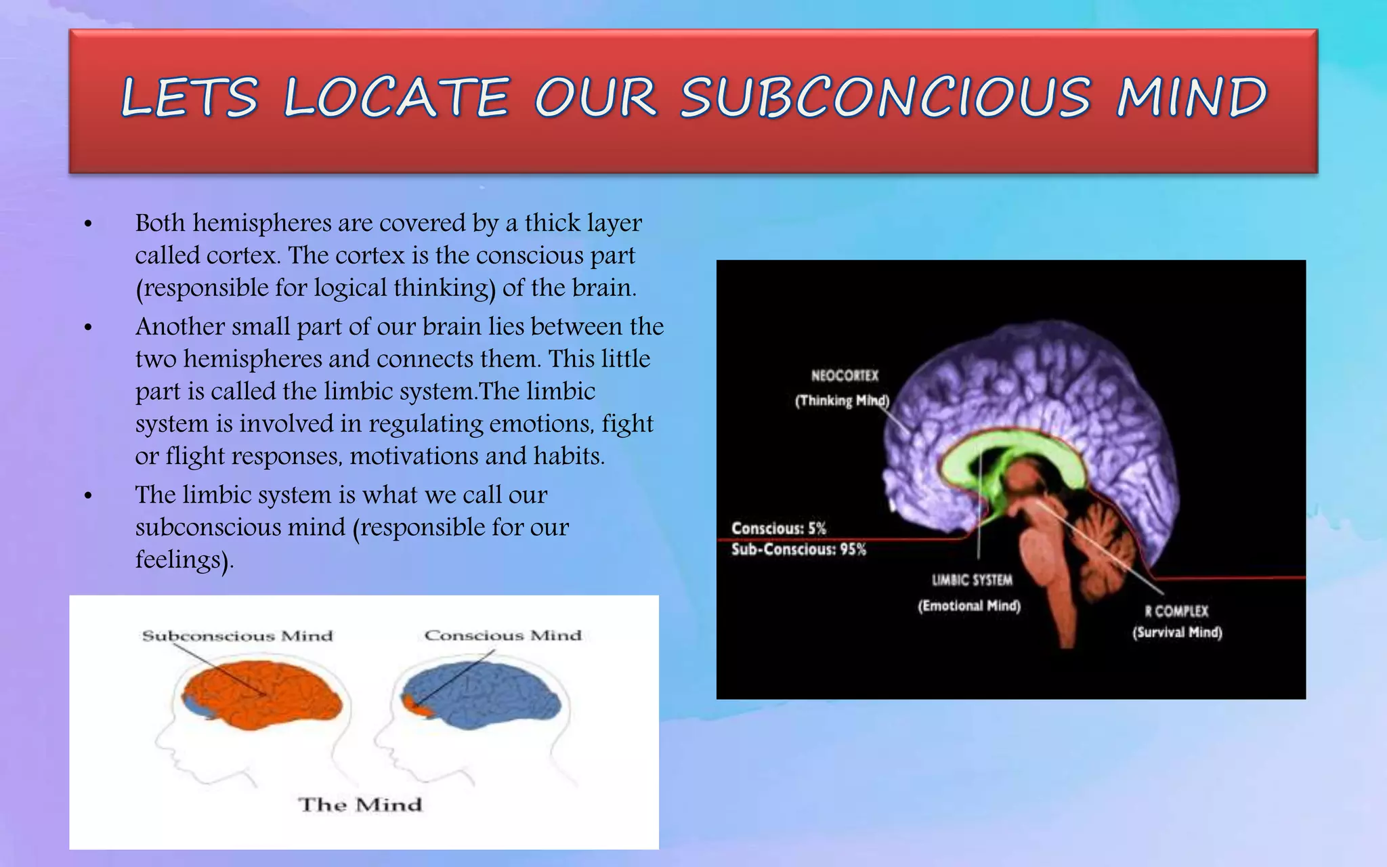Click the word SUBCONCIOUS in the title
click(885, 98)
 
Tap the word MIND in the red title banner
click(1191, 98)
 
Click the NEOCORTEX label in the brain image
click(845, 376)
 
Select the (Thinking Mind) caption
click(842, 400)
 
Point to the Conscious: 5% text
click(779, 528)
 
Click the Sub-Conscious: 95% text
click(798, 549)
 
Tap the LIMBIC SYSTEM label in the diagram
click(972, 580)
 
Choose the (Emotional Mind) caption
click(969, 606)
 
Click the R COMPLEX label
click(1176, 611)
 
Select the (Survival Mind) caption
click(1177, 633)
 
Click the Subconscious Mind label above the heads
click(238, 636)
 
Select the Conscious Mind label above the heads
click(503, 635)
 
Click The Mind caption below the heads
click(360, 805)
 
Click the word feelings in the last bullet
click(178, 560)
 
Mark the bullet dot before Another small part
click(88, 329)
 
